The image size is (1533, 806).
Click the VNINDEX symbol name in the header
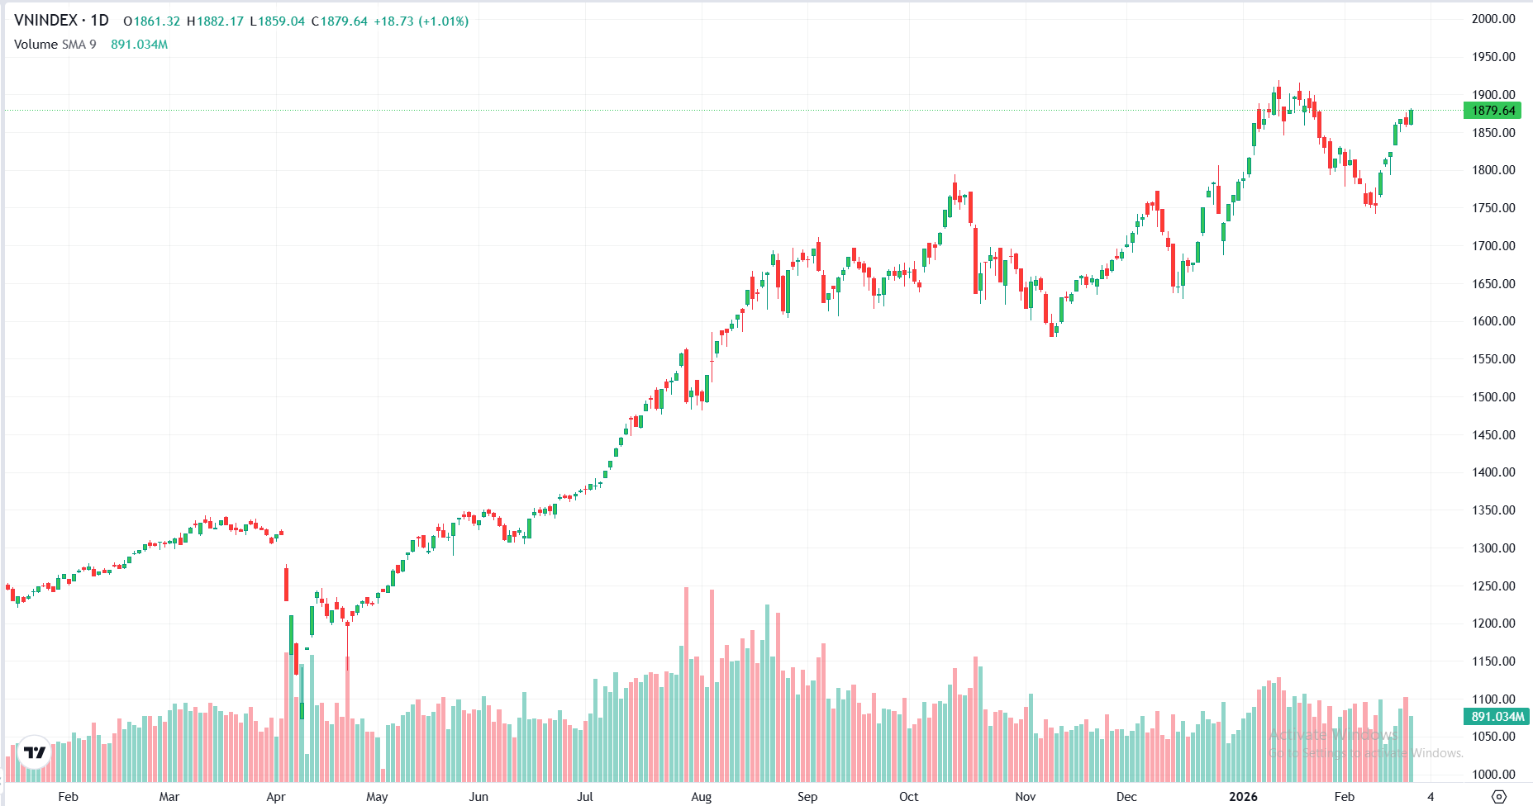point(46,21)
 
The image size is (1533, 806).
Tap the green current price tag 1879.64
point(1493,111)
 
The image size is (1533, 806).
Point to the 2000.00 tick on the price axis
point(1493,19)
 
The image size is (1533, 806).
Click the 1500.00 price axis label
point(1493,397)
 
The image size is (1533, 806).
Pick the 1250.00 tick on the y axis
point(1493,586)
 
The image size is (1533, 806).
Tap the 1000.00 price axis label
point(1493,775)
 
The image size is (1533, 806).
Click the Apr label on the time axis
point(276,797)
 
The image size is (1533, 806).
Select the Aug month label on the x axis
point(701,797)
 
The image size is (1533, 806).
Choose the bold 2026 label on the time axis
point(1243,797)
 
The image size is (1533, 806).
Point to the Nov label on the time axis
point(1025,797)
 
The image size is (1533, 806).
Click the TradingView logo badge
point(35,752)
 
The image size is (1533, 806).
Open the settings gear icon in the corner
point(1499,797)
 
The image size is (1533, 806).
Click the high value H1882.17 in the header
point(215,21)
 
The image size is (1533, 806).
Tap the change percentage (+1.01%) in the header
point(444,21)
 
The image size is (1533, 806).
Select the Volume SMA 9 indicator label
point(55,45)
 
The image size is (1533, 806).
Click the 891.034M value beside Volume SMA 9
point(139,45)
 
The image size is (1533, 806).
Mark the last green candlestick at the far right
point(1412,117)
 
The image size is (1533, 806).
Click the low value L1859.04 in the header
point(278,21)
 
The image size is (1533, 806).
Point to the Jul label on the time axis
point(585,797)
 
